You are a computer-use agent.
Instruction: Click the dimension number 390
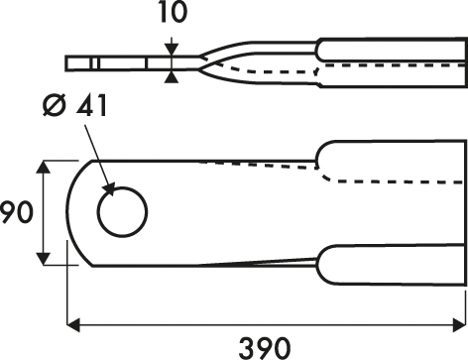coord(265,348)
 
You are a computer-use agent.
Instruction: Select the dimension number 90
coord(16,213)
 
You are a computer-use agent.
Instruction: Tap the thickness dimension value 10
coord(173,12)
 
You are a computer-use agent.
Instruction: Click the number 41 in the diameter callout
coord(91,106)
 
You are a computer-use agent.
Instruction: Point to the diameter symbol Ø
coord(54,105)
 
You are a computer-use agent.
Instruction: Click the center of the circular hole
coord(123,212)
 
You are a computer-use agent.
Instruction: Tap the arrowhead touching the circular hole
coord(109,189)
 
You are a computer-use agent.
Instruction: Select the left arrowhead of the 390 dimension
coord(73,324)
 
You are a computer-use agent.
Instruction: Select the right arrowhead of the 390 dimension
coord(459,324)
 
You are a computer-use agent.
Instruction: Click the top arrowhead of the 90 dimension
coord(44,167)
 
